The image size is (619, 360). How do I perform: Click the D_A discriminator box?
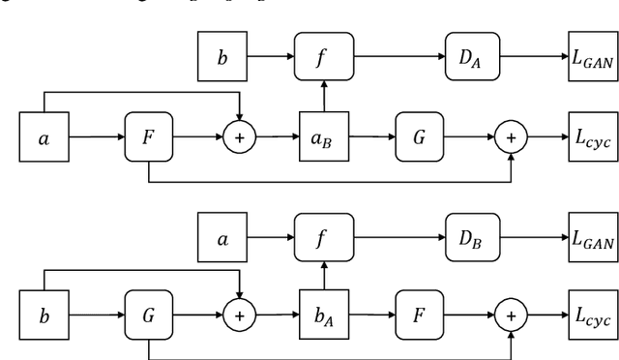[469, 57]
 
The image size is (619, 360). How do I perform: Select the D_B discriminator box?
[469, 238]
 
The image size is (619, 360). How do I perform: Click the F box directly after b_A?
[419, 315]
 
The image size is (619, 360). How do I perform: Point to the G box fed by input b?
[148, 315]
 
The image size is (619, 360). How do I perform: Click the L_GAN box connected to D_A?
[592, 57]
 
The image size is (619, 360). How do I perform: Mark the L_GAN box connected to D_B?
[592, 238]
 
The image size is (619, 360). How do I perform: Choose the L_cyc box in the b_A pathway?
[592, 315]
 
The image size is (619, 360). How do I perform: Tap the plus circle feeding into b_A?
[238, 315]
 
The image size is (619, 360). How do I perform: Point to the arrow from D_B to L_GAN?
[530, 238]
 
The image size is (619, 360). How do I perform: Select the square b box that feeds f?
[222, 57]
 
